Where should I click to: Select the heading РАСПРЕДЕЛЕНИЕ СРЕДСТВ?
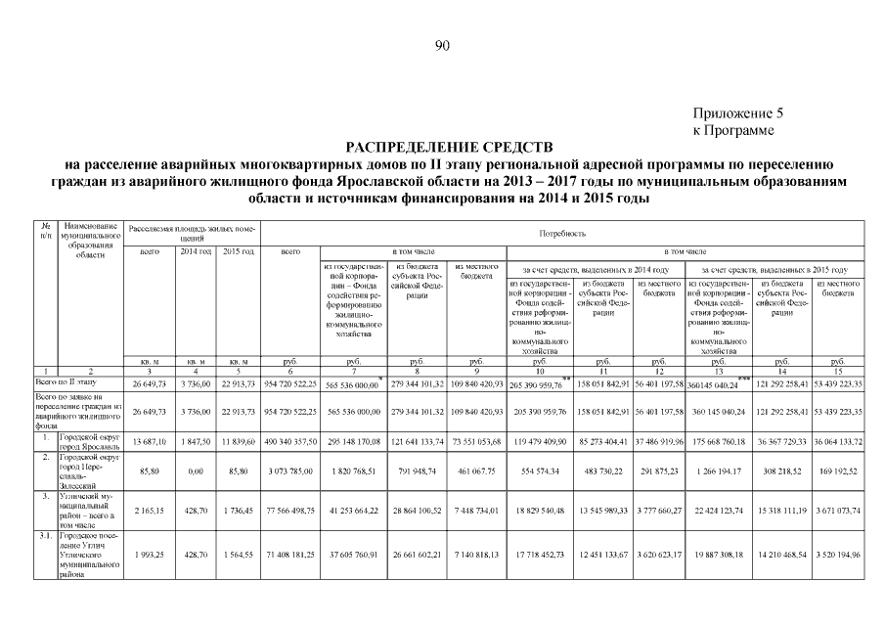pos(442,145)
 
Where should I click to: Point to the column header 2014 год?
pos(196,252)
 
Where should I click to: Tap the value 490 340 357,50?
pos(290,441)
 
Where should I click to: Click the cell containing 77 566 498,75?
pos(290,511)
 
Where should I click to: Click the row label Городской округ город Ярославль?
pos(91,441)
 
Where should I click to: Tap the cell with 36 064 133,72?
pos(838,441)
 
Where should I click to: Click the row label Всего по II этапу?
pos(68,381)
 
